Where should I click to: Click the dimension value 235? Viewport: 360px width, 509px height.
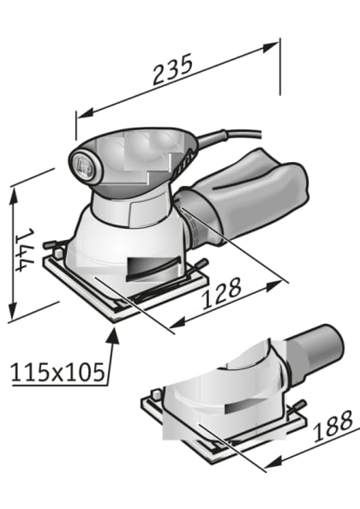click(x=174, y=70)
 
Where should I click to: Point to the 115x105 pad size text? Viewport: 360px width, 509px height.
click(x=57, y=371)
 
